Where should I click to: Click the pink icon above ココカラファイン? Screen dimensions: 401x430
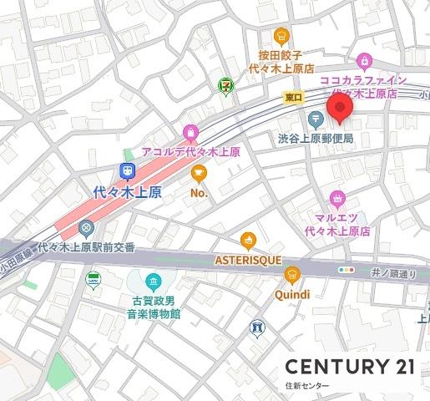click(364, 60)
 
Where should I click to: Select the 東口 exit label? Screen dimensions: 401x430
click(293, 98)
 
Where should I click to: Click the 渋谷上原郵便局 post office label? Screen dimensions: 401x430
click(316, 137)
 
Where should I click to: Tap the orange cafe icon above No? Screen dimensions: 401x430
click(198, 173)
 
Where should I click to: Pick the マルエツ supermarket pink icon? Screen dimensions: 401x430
click(337, 198)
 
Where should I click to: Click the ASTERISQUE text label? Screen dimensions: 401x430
click(248, 261)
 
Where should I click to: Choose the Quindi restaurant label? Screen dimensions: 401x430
click(291, 294)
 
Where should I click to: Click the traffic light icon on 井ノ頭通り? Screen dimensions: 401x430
click(345, 270)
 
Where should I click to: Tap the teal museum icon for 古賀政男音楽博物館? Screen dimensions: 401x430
click(153, 281)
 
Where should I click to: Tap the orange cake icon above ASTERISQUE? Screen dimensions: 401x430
click(248, 242)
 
